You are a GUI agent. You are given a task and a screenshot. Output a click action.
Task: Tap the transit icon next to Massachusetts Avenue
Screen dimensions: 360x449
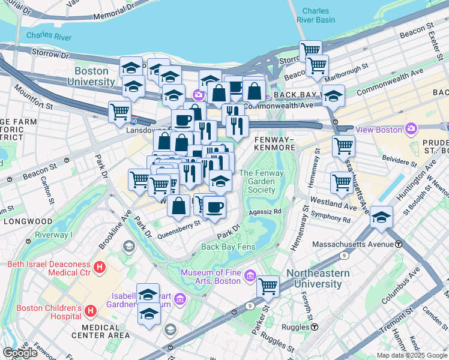pos(399,244)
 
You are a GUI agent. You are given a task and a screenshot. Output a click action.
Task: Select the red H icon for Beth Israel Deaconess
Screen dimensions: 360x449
pos(100,265)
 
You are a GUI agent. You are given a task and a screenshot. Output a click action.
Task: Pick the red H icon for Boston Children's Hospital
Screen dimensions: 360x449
pos(90,310)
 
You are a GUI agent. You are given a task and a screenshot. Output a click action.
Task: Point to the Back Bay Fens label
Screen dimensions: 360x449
pos(228,247)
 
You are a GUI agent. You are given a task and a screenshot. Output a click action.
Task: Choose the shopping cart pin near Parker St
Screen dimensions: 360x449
pos(268,286)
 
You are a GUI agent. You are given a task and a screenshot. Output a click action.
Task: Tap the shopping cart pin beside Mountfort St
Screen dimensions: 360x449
pos(120,110)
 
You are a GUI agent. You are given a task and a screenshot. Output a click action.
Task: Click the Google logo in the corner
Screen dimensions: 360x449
pos(20,353)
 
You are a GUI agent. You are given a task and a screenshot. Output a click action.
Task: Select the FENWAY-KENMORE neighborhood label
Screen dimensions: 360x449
pos(274,143)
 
